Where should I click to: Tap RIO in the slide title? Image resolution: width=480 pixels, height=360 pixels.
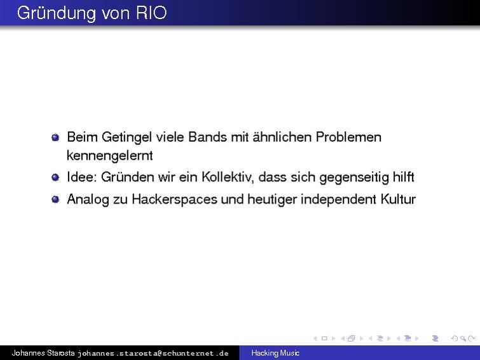[x=151, y=13]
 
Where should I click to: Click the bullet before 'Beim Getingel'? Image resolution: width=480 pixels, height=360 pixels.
[x=55, y=137]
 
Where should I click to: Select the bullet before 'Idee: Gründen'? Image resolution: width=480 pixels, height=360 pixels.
[x=55, y=177]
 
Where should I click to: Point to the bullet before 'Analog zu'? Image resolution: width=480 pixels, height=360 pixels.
[x=55, y=200]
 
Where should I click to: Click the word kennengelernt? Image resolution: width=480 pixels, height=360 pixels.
[x=109, y=155]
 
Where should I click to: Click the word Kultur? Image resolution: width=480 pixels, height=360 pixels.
[x=398, y=199]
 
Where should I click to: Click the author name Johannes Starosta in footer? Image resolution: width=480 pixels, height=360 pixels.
[x=43, y=353]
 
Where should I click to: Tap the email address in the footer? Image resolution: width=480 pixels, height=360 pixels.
[x=153, y=353]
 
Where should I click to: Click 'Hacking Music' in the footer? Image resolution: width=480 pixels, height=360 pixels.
[x=275, y=353]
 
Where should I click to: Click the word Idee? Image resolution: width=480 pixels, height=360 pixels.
[x=79, y=177]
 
